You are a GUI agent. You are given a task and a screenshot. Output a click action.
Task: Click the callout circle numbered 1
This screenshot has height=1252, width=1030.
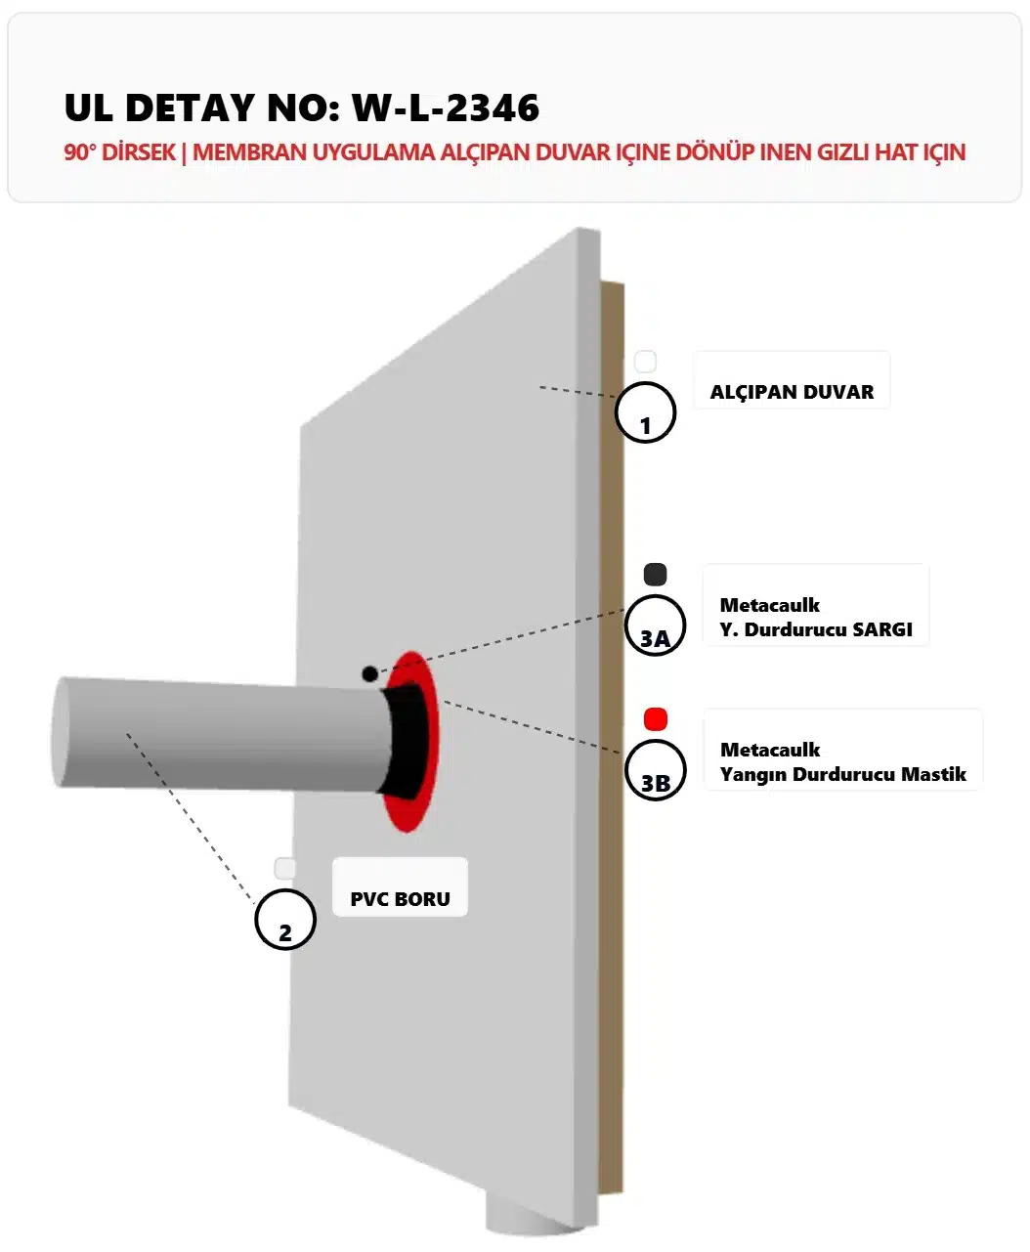[645, 412]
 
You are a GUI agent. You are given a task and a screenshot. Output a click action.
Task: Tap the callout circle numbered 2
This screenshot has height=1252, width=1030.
[285, 920]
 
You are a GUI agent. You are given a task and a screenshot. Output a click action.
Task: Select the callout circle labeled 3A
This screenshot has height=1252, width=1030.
[655, 626]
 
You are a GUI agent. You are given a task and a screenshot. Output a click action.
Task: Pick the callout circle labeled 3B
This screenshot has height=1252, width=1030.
[655, 770]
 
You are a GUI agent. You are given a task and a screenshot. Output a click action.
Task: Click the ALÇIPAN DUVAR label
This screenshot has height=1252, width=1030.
[792, 392]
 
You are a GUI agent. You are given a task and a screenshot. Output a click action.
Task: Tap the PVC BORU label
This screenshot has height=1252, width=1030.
[400, 899]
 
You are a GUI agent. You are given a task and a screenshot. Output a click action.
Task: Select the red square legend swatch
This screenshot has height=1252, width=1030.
[656, 719]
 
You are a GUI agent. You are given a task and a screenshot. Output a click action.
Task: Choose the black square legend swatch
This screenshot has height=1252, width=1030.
[656, 574]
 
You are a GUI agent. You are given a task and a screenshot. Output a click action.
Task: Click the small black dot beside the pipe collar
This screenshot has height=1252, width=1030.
[369, 673]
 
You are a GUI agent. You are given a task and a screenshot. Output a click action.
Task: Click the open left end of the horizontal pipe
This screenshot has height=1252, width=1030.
[60, 732]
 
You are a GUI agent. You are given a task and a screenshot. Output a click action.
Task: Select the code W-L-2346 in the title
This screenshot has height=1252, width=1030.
[446, 108]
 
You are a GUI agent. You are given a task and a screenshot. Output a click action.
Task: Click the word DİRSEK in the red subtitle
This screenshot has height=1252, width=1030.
[139, 152]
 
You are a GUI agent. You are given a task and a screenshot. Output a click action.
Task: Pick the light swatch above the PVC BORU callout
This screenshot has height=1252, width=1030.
[285, 869]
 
